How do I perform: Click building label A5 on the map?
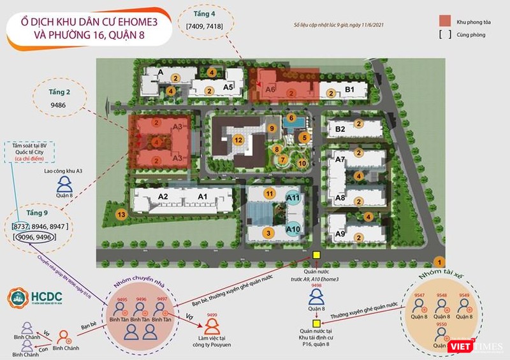pyautogui.click(x=228, y=87)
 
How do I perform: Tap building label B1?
pyautogui.click(x=349, y=90)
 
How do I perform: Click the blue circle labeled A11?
pyautogui.click(x=293, y=199)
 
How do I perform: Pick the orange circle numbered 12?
pyautogui.click(x=238, y=140)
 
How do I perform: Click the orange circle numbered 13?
pyautogui.click(x=121, y=215)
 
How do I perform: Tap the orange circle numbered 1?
pyautogui.click(x=438, y=262)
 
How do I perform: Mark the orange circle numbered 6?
pyautogui.click(x=291, y=118)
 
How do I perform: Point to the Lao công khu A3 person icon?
pyautogui.click(x=64, y=185)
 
